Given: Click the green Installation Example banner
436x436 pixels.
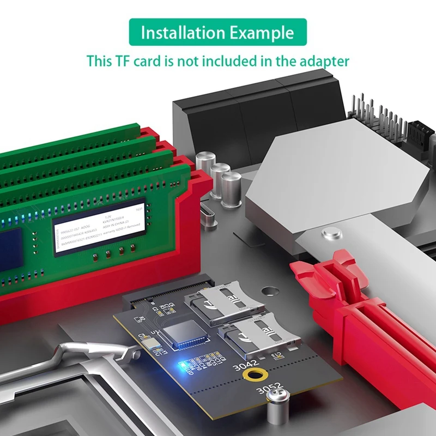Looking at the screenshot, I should (217, 32).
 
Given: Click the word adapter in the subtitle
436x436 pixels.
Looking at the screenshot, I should (322, 60).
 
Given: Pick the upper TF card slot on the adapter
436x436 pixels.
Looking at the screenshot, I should (223, 301).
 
